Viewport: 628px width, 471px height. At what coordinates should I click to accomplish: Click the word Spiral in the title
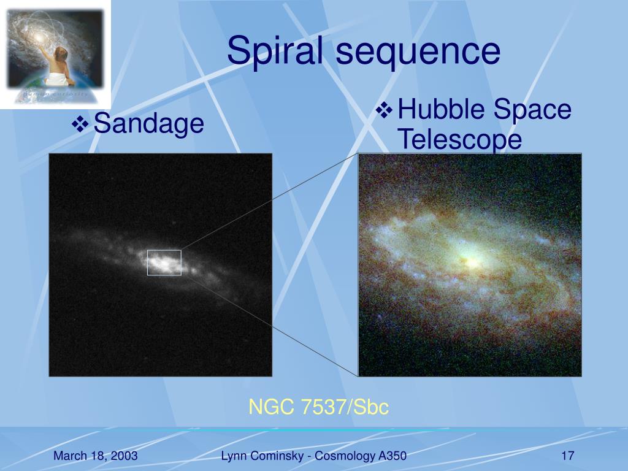tap(275, 51)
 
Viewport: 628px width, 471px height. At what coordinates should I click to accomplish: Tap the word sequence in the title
tap(418, 52)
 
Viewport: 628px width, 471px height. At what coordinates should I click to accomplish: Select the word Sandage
tap(148, 124)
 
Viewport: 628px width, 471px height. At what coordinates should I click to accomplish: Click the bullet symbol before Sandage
tap(80, 124)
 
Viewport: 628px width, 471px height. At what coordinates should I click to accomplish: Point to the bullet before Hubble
tap(385, 110)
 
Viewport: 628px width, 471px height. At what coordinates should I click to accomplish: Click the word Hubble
tap(442, 109)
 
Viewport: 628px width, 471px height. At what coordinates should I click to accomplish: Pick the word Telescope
tap(460, 139)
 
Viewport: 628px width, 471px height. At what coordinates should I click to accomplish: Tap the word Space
tap(532, 110)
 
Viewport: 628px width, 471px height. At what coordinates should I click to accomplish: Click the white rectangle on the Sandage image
tap(164, 250)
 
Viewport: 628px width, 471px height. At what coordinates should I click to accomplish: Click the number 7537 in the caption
tap(323, 407)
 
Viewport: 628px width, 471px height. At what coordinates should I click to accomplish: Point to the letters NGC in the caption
tap(272, 407)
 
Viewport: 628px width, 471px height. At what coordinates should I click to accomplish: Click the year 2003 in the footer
tap(124, 456)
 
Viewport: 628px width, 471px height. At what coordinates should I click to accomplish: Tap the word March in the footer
tap(70, 456)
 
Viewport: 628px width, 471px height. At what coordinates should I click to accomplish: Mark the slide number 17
tap(568, 456)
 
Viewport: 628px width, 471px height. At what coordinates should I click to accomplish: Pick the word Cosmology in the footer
tap(345, 456)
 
